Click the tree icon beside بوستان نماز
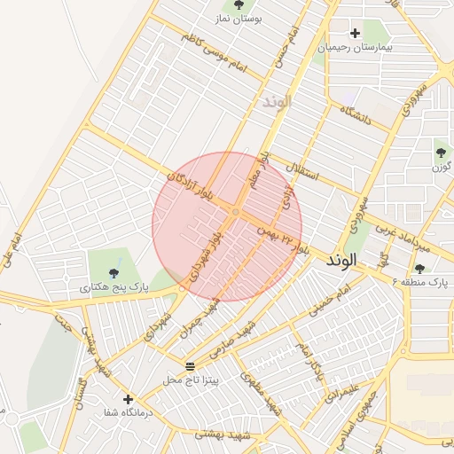tap(239, 6)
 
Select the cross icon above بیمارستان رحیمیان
tap(355, 33)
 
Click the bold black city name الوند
tap(341, 261)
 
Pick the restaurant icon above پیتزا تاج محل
tap(190, 365)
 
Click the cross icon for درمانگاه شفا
tap(129, 399)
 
